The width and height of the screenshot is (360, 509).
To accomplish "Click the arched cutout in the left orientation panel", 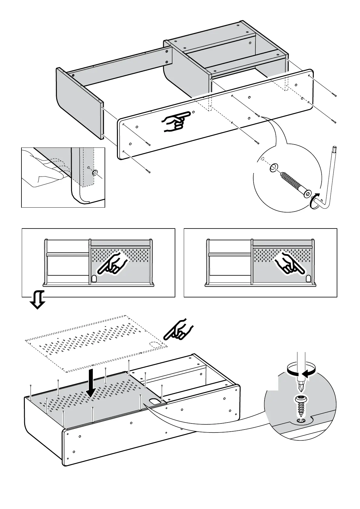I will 94,279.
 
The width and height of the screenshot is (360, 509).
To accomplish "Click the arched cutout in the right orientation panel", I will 309,279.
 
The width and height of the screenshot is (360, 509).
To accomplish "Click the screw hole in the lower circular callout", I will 301,421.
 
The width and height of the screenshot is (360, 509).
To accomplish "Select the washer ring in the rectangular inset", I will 95,173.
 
